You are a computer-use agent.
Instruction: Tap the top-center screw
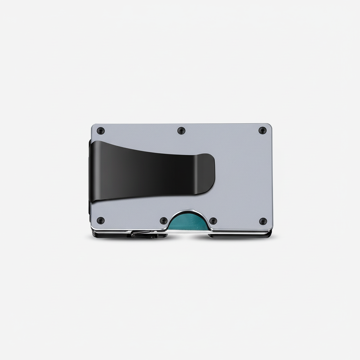pyautogui.click(x=181, y=131)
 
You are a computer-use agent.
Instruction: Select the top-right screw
pyautogui.click(x=262, y=130)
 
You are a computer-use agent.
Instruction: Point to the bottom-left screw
pyautogui.click(x=101, y=221)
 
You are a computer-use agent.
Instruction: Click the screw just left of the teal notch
pyautogui.click(x=163, y=221)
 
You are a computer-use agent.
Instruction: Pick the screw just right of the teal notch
pyautogui.click(x=213, y=221)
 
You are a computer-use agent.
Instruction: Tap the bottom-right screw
pyautogui.click(x=263, y=221)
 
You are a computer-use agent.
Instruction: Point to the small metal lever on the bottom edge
pyautogui.click(x=142, y=233)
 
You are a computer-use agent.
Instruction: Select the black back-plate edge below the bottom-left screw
pyautogui.click(x=105, y=236)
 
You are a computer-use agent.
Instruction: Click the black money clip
pyautogui.click(x=148, y=169)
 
